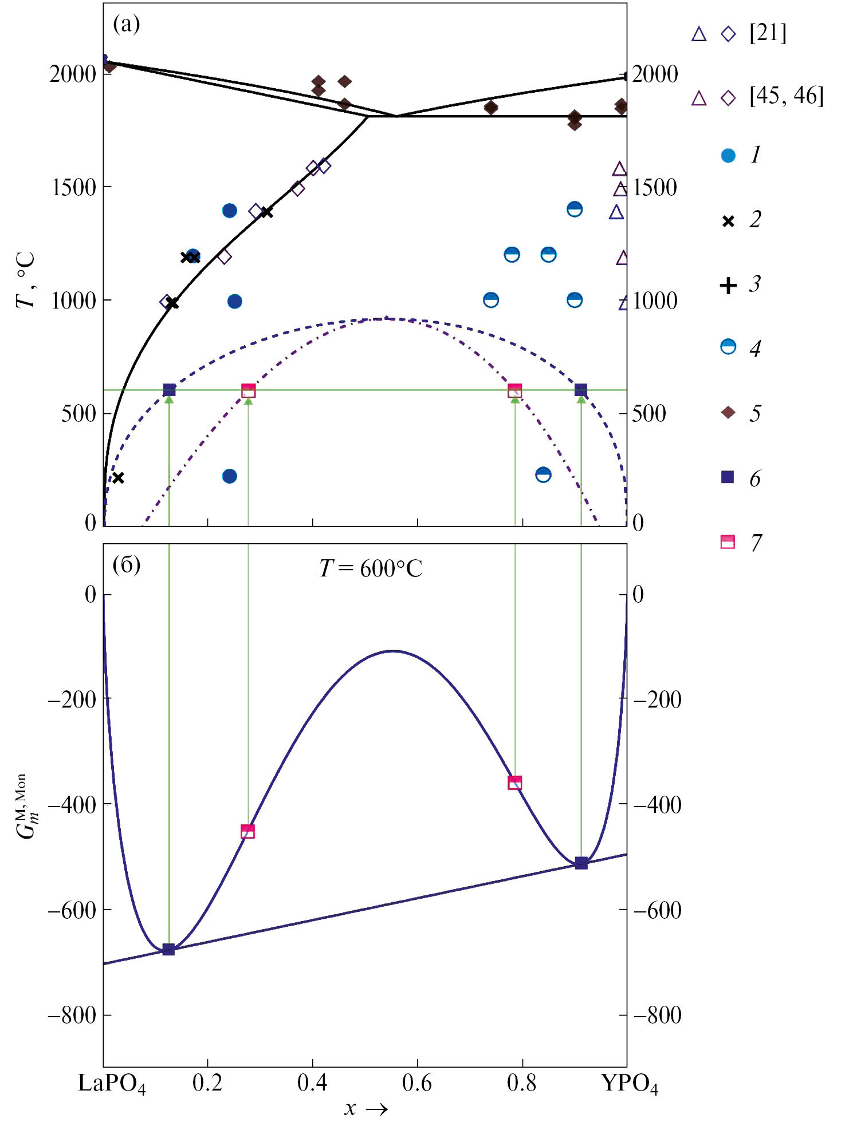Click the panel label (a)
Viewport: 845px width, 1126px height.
point(126,25)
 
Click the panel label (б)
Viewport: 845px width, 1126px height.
point(126,565)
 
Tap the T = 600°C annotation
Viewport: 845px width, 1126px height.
point(371,569)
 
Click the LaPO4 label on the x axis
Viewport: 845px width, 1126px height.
point(112,1084)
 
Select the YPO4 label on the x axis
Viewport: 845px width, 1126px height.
point(630,1084)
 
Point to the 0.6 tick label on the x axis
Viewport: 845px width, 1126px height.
point(417,1083)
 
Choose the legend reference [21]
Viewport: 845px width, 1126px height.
point(768,34)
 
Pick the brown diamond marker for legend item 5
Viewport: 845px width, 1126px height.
point(728,413)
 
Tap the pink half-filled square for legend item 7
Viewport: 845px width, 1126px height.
point(728,542)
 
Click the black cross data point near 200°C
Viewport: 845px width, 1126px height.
point(118,477)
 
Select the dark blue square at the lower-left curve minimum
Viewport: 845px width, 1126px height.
point(168,950)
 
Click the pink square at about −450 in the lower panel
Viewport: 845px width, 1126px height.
point(247,832)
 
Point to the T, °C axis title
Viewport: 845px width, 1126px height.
point(26,280)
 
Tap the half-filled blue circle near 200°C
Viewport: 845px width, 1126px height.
point(543,475)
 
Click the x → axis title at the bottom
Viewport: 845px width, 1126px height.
point(365,1109)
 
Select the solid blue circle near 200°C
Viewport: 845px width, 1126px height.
point(229,476)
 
